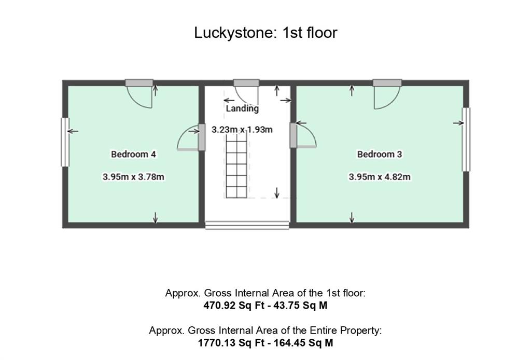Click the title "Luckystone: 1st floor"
coord(265,33)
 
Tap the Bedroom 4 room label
coord(133,154)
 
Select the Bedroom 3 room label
coord(379,154)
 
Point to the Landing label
coord(242,108)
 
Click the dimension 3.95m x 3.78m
coord(133,177)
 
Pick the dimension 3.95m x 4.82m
coord(379,177)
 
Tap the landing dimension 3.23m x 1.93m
coord(242,129)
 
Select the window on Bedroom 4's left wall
coord(65,142)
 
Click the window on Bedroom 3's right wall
coord(466,139)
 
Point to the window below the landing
coord(247,225)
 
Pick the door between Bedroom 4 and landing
coord(189,139)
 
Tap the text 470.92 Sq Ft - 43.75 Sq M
coord(265,306)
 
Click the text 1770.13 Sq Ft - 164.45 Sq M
coord(265,343)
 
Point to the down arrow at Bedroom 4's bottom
coord(155,218)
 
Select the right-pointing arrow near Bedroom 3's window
coord(458,123)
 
